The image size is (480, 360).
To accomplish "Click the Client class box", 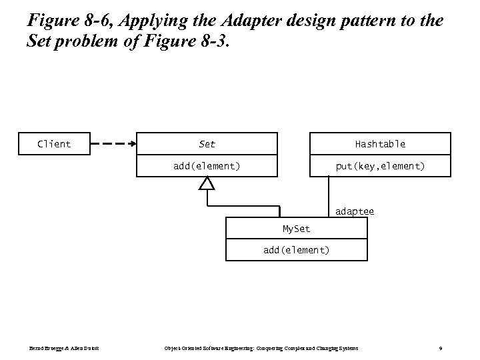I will coord(54,143).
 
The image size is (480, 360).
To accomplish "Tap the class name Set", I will coord(207,144).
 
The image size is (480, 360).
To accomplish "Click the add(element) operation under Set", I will coord(207,165).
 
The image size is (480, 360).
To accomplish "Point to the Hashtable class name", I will coord(380,144).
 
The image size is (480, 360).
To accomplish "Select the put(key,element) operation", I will coord(380,165).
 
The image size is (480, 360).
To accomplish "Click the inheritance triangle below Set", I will coord(207,183).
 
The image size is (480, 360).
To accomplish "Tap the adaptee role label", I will coord(355,211).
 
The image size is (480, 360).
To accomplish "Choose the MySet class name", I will coord(296,229).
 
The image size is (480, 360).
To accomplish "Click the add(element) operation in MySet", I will coord(296,250).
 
